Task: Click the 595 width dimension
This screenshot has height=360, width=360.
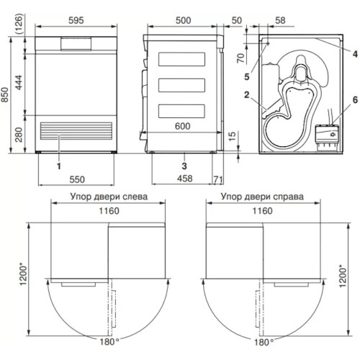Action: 76,20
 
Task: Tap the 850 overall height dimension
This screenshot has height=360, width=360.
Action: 5,95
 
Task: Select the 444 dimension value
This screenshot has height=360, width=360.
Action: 19,82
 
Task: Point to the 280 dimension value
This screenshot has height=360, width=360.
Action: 19,135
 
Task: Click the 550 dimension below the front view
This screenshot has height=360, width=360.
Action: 77,179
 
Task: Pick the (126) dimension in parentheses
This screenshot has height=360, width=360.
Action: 19,24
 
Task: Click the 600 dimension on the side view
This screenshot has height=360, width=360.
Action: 182,126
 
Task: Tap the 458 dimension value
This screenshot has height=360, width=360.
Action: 184,179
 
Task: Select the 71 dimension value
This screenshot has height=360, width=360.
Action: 218,179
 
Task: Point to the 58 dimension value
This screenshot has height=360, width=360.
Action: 280,20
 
